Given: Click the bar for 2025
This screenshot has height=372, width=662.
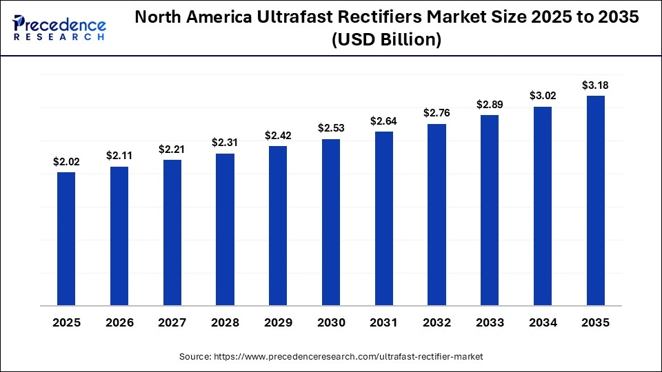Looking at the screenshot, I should pyautogui.click(x=66, y=238).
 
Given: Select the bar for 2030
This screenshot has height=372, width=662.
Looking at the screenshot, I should pyautogui.click(x=331, y=222).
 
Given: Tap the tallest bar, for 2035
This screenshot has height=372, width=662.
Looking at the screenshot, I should pyautogui.click(x=596, y=200).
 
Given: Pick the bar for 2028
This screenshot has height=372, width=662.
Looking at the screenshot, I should pyautogui.click(x=225, y=229).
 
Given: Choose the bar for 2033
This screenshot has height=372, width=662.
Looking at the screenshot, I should pyautogui.click(x=490, y=209).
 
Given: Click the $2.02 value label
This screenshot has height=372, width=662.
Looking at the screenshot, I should pyautogui.click(x=66, y=163).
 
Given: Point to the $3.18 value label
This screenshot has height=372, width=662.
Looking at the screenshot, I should pyautogui.click(x=596, y=85).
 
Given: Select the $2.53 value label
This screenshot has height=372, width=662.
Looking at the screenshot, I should pyautogui.click(x=331, y=128).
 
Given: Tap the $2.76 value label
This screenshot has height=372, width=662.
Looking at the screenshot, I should pyautogui.click(x=437, y=112).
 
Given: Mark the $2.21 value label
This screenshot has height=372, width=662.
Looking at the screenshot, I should pyautogui.click(x=172, y=149).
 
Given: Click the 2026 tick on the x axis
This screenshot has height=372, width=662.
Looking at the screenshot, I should pyautogui.click(x=119, y=322).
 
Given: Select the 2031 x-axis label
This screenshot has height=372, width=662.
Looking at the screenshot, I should pyautogui.click(x=384, y=322).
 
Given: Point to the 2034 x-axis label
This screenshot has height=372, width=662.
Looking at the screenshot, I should pyautogui.click(x=543, y=322).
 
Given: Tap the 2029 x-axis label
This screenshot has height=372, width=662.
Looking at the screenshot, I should pyautogui.click(x=278, y=322).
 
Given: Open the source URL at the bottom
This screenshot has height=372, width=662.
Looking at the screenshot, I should pyautogui.click(x=331, y=356).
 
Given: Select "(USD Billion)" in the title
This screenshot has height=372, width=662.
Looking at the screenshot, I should pyautogui.click(x=386, y=41).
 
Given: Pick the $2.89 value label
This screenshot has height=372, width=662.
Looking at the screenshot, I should pyautogui.click(x=490, y=105).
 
